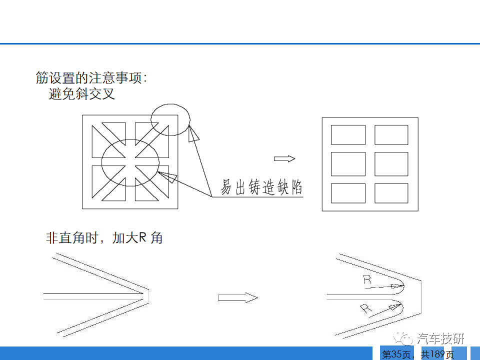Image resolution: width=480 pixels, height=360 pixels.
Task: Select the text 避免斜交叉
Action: tap(81, 93)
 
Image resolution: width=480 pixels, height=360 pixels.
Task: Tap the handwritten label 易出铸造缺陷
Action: tap(261, 186)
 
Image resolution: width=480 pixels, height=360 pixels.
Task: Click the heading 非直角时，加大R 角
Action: tap(104, 238)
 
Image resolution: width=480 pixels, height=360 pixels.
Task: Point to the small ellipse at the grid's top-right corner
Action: tap(190, 119)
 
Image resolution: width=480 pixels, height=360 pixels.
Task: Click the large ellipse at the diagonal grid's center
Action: tap(101, 162)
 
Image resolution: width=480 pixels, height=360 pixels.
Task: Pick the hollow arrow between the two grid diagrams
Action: tap(284, 158)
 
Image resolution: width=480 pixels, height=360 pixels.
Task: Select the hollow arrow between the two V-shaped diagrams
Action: tap(238, 297)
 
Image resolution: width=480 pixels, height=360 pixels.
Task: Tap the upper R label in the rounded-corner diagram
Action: tap(367, 280)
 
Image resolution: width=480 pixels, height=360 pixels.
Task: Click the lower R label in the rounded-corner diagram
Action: tap(365, 308)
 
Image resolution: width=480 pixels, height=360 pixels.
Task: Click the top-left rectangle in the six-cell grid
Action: tap(348, 134)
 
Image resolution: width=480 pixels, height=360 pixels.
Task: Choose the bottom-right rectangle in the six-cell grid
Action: tap(391, 193)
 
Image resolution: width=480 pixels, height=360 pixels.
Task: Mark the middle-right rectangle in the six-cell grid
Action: tap(391, 164)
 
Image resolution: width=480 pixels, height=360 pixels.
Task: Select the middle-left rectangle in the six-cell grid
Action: tap(348, 164)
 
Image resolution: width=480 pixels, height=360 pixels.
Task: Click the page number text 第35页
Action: tap(396, 354)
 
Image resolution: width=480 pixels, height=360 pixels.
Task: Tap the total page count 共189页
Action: tap(437, 354)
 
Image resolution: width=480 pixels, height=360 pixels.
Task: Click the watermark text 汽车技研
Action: tap(440, 338)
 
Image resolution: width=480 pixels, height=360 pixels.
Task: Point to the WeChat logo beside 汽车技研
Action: tap(403, 338)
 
